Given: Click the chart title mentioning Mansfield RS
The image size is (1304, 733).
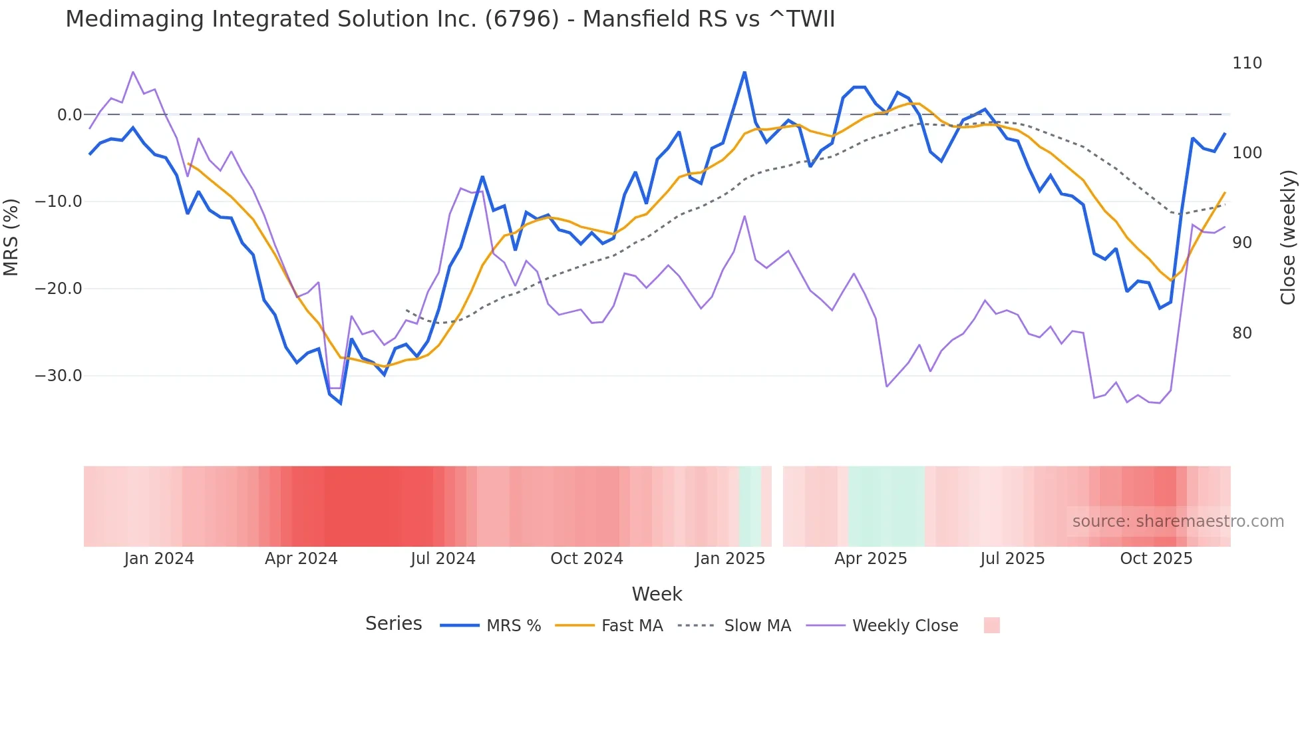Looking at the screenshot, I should pos(450,19).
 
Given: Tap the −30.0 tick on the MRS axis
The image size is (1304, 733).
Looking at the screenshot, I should pos(59,376).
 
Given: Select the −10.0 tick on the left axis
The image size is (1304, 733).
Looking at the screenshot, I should pos(59,202).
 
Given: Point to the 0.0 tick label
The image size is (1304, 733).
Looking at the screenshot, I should pos(69,115).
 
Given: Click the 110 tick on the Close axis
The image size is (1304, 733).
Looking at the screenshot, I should pos(1246,63).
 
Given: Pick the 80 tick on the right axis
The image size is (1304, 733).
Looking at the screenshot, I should pos(1241,333).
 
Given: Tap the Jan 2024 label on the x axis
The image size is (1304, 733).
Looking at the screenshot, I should pos(159,559).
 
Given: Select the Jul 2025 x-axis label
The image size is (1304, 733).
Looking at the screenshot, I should pos(1012,559).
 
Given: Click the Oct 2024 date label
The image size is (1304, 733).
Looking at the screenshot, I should pos(586,559).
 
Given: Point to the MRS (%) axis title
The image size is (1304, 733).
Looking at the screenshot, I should pos(11,237).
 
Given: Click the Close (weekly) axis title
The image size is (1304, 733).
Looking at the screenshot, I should pos(1289,237).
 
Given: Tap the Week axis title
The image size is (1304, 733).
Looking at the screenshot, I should pos(657,594).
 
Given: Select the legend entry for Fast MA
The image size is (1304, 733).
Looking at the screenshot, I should pos(631,626).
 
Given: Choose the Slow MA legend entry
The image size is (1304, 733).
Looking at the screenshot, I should pos(756,626).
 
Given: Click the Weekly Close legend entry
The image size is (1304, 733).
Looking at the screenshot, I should pos(904,626).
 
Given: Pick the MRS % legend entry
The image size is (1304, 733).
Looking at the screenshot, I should pos(513,626).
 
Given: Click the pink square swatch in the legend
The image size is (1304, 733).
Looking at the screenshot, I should pos(991,626).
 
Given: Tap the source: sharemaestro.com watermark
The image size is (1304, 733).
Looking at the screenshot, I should pos(1178,521).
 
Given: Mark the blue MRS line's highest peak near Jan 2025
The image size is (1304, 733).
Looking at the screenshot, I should pos(744,72).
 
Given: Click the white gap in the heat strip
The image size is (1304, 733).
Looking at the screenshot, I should pos(777,506).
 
